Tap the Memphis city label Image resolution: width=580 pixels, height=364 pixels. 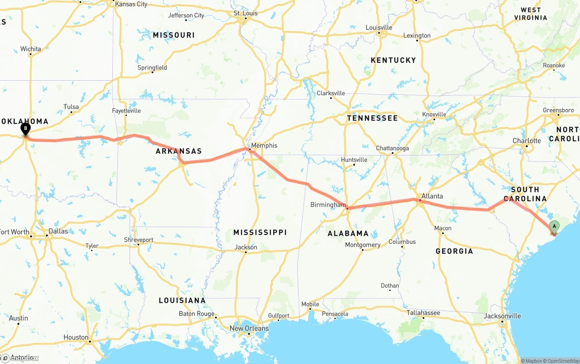(x=264, y=146)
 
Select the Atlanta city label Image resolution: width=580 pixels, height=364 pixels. (x=432, y=196)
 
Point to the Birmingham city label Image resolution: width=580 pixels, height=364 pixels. (x=328, y=205)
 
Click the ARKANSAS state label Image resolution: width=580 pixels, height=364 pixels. (x=179, y=151)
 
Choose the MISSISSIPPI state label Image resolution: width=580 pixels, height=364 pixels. (x=260, y=233)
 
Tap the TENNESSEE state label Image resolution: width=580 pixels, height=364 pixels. (x=372, y=118)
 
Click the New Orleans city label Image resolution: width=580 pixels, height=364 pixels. (x=249, y=328)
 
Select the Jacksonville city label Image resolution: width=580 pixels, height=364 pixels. (x=502, y=316)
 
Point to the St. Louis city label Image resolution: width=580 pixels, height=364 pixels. (x=246, y=14)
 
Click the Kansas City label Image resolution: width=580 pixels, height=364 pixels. (x=131, y=4)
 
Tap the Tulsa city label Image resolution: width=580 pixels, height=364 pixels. (x=71, y=107)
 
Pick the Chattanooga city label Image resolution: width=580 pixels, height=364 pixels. (x=392, y=148)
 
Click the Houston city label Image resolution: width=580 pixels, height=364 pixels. (x=76, y=337)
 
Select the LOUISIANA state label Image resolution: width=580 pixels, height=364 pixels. (x=182, y=301)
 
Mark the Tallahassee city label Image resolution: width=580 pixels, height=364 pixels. (x=423, y=313)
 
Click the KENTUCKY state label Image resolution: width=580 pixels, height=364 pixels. (x=393, y=60)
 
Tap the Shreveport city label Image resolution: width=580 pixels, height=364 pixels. (x=139, y=240)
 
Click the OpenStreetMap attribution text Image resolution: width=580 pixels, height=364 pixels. (x=562, y=361)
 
